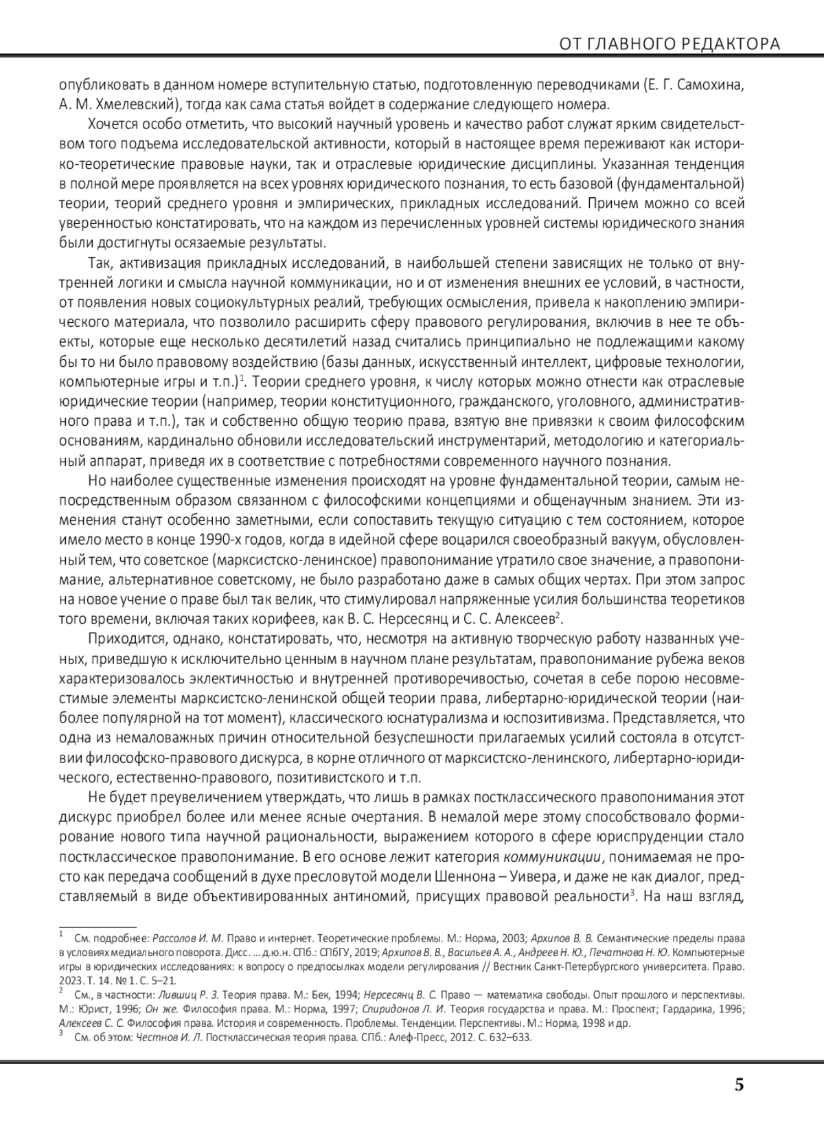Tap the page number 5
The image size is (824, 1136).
pos(739,1085)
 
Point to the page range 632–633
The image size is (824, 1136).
pos(510,1038)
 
